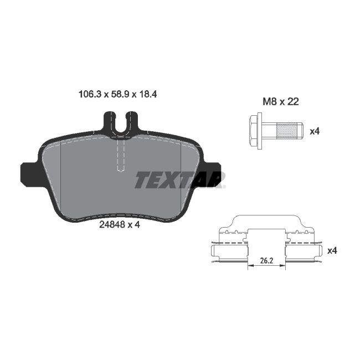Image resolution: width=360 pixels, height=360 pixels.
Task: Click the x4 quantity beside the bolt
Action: coord(315,131)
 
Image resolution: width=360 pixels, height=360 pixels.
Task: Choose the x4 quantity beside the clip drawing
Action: coord(332,250)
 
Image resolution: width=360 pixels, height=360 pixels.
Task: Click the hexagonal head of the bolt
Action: coord(255,131)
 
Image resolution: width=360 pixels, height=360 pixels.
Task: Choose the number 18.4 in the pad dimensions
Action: coord(148,95)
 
